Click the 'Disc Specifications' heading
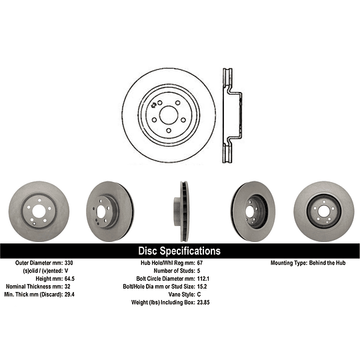(179, 251)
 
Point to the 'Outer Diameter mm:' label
(38, 264)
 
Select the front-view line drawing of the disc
(169, 115)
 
